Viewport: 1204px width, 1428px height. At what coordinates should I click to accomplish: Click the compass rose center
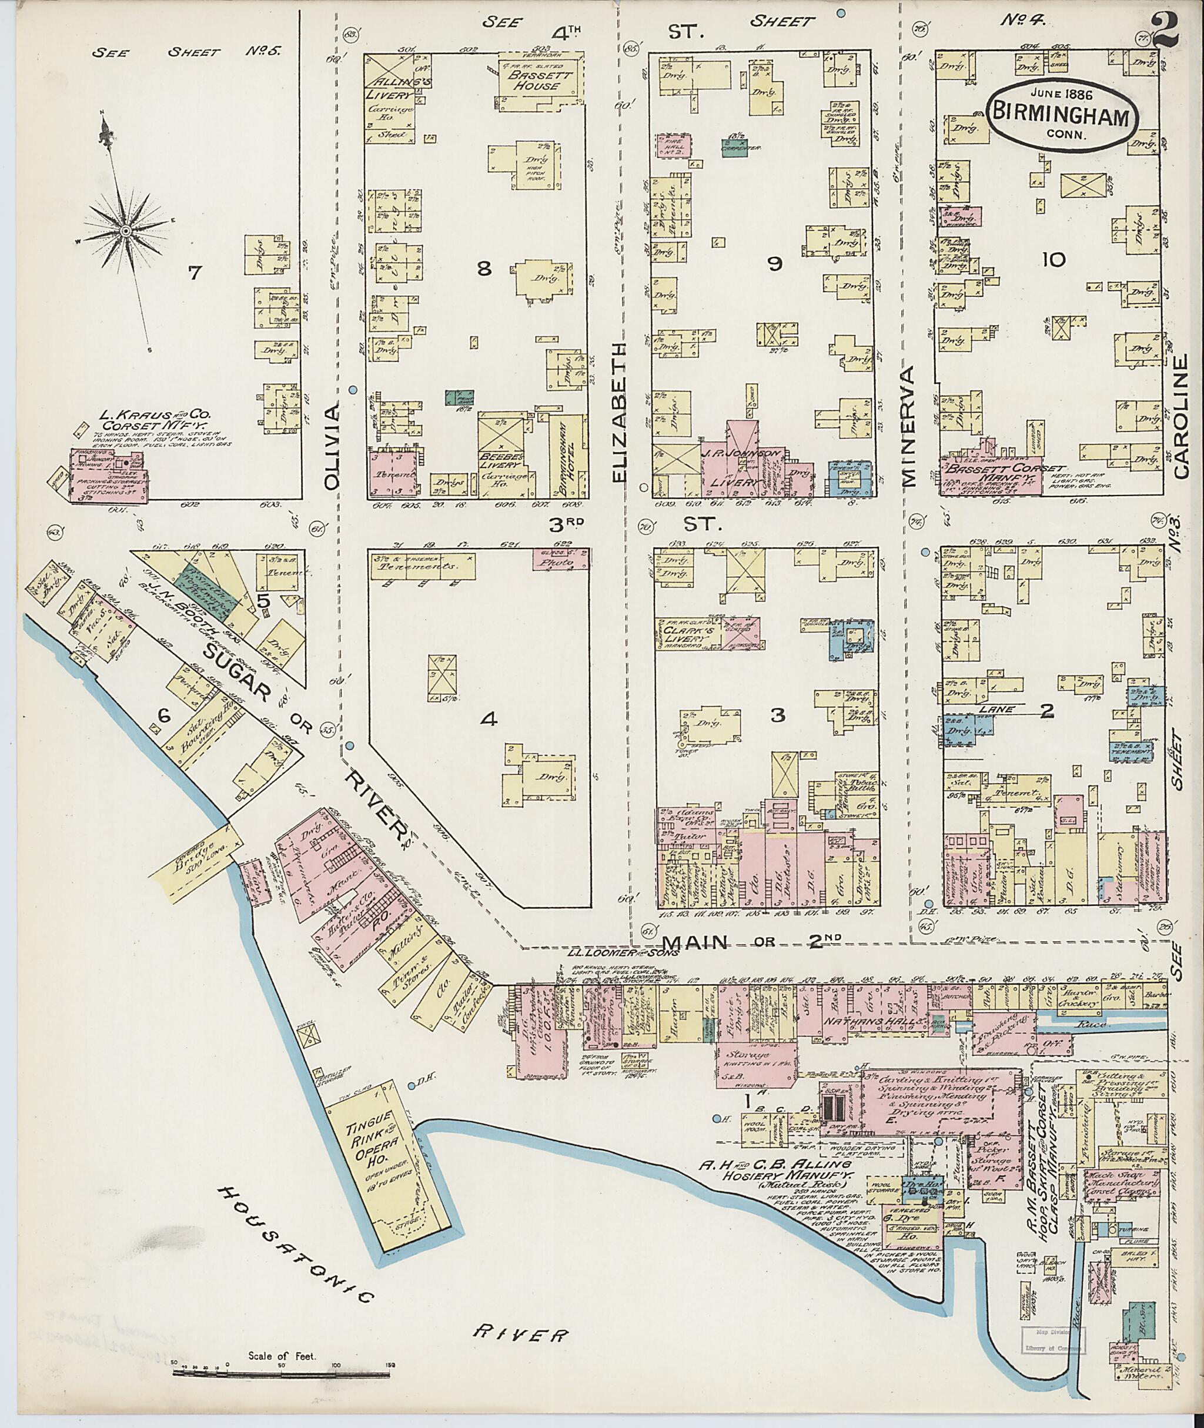click(126, 232)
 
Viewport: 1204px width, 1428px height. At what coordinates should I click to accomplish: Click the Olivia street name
click(332, 447)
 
